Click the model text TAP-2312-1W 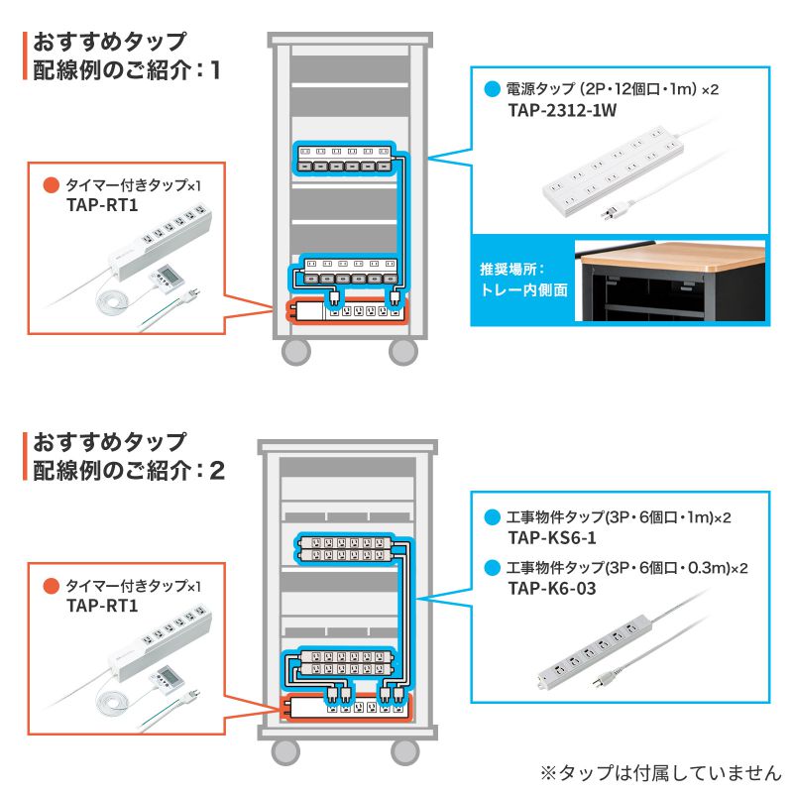pos(561,110)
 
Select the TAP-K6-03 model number pos(551,589)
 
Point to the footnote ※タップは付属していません pos(660,772)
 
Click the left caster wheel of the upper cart pos(295,352)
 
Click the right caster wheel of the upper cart pos(402,352)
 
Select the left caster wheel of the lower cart pos(283,751)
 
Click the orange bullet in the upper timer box pos(50,185)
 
